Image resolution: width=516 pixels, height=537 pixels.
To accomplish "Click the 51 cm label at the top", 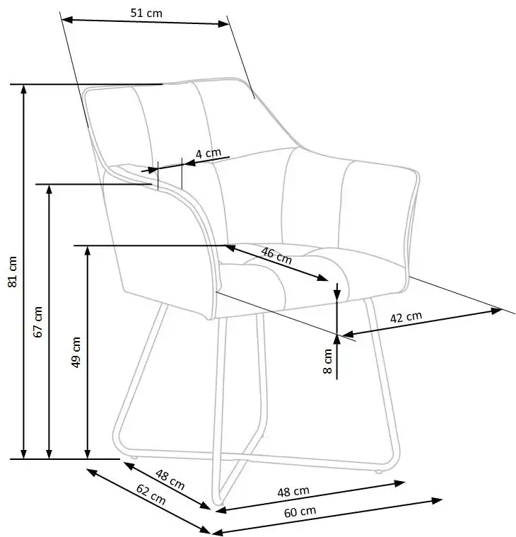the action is click(146, 13).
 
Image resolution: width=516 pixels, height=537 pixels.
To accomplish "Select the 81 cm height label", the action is click(12, 272).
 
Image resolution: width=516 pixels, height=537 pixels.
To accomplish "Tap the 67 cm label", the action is click(38, 322).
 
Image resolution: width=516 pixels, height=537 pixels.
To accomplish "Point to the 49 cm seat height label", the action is click(76, 352).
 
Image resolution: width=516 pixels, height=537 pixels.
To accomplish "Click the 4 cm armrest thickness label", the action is click(209, 153).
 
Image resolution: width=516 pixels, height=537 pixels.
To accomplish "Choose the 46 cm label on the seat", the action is click(276, 255).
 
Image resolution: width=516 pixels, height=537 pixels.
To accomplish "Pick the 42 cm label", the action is click(406, 317).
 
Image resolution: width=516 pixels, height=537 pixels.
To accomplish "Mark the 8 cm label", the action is click(328, 361).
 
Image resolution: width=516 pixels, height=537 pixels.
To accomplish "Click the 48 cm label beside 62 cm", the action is click(170, 480).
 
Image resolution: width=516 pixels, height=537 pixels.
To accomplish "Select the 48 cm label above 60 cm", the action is click(293, 492).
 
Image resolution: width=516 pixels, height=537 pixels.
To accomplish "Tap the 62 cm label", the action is click(151, 495).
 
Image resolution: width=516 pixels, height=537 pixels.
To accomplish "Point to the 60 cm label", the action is click(300, 512).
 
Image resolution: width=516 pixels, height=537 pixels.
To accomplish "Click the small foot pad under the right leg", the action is click(379, 472).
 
